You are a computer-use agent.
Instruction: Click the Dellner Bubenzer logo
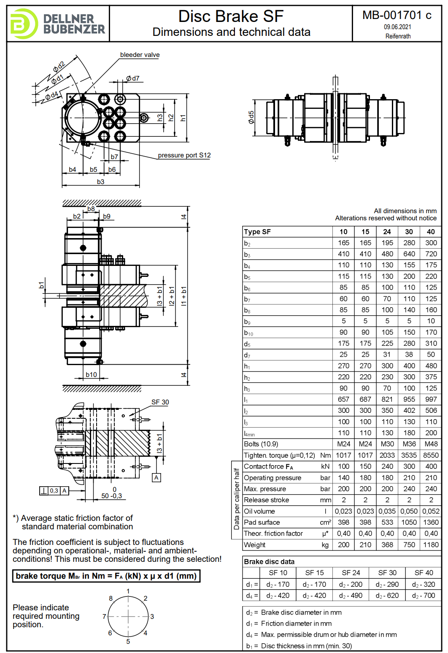(x=58, y=24)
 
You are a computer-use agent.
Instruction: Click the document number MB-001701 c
(x=397, y=15)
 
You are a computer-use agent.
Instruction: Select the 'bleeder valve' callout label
(x=140, y=55)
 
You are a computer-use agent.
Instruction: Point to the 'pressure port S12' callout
(x=184, y=155)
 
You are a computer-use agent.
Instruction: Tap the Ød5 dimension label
(x=251, y=117)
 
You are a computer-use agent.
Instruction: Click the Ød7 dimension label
(x=132, y=79)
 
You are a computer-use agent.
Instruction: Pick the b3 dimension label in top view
(x=100, y=182)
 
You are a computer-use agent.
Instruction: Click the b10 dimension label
(x=91, y=374)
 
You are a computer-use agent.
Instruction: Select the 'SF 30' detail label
(x=160, y=402)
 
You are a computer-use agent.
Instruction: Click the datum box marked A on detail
(x=157, y=478)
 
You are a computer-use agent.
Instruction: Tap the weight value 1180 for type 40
(x=431, y=545)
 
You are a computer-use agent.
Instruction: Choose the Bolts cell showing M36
(x=409, y=444)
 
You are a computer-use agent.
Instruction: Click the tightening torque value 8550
(x=431, y=455)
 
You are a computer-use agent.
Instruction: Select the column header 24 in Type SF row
(x=387, y=232)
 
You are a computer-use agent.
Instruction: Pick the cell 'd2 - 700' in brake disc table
(x=424, y=596)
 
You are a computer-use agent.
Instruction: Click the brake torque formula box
(x=106, y=576)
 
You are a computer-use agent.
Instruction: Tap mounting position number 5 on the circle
(x=128, y=642)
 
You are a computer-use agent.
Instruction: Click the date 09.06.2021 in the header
(x=397, y=27)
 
